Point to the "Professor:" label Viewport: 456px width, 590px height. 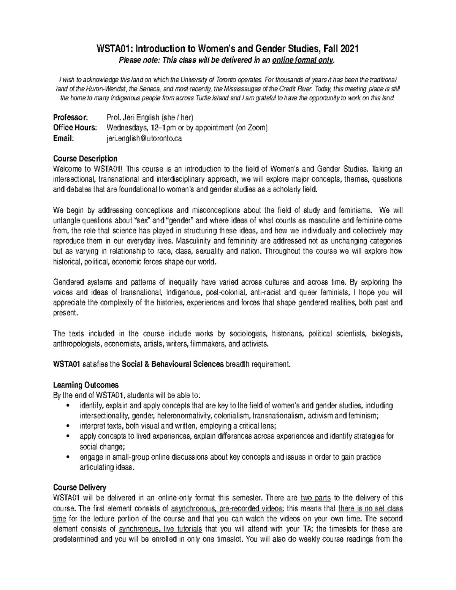tap(70, 117)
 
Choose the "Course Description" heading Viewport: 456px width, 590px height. tap(85, 158)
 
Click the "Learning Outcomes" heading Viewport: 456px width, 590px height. tap(86, 384)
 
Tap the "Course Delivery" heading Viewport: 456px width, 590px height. tap(80, 487)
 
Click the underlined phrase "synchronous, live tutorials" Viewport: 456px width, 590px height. tap(161, 529)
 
